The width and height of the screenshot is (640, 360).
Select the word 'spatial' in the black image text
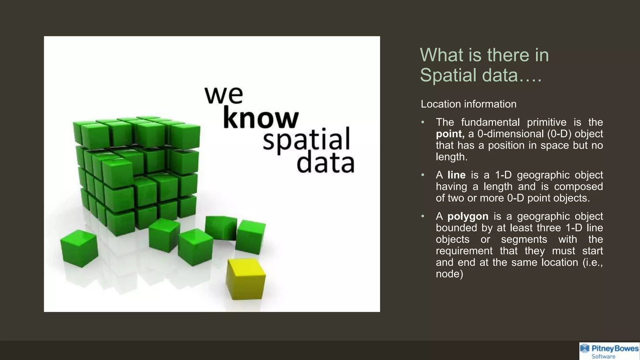coord(306,140)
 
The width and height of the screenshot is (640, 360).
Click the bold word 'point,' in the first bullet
coord(450,134)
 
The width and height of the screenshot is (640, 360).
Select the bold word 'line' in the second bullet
coord(456,175)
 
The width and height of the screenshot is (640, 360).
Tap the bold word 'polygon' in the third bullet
coord(468,216)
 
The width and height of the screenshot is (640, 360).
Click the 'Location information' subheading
coord(468,104)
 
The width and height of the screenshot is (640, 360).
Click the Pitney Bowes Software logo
coord(609,351)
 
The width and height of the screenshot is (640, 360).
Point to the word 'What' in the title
coord(441,55)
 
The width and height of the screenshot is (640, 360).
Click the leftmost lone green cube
coord(79,248)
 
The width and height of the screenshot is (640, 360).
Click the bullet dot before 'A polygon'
coord(423,216)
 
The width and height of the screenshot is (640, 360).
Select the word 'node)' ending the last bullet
coord(449,274)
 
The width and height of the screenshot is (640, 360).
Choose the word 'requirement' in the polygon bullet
coord(464,251)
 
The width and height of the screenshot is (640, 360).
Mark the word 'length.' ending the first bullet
coord(452,157)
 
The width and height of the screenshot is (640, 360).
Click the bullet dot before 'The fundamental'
coord(423,122)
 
